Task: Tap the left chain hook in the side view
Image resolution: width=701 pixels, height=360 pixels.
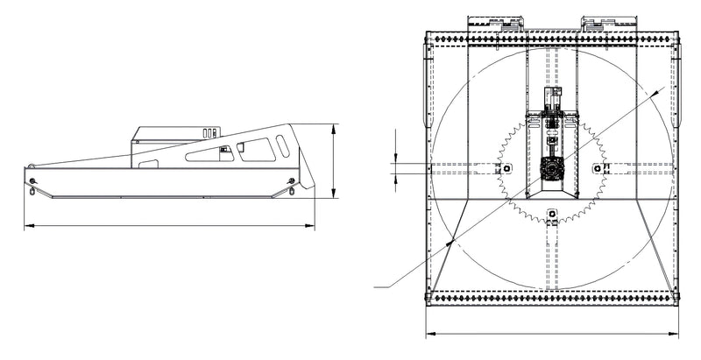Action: click(32, 181)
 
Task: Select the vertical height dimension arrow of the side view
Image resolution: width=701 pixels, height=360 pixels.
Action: click(334, 162)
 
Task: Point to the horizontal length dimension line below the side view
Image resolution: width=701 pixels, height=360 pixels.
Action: click(166, 226)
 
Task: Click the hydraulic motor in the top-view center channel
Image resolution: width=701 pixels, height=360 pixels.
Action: click(553, 102)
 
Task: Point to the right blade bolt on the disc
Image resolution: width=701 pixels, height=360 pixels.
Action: click(598, 166)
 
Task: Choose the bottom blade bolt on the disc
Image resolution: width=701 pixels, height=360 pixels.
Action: click(553, 213)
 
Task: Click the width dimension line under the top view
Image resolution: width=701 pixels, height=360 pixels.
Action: click(553, 334)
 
